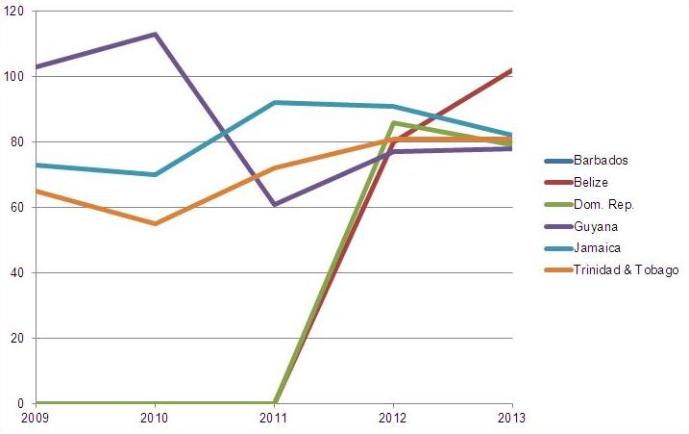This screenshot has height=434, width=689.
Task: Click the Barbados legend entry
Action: [600, 161]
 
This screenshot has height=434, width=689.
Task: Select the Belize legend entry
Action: [591, 182]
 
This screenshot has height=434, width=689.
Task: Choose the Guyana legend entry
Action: [594, 226]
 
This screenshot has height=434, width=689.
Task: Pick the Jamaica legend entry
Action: [596, 248]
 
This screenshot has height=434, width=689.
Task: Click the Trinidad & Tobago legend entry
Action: [626, 270]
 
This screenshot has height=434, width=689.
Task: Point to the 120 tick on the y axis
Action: [14, 11]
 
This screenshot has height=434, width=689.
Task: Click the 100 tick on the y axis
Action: [14, 76]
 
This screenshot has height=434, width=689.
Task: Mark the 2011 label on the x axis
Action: [274, 419]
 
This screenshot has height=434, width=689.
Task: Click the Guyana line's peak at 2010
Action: [155, 34]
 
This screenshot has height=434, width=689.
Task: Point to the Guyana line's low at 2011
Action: [274, 204]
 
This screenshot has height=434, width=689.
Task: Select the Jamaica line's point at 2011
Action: [274, 102]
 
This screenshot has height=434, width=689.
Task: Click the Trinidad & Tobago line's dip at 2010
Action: [155, 223]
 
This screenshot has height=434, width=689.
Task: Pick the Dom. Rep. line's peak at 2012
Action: [393, 122]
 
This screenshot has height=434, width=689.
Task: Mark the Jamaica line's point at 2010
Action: [155, 174]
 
